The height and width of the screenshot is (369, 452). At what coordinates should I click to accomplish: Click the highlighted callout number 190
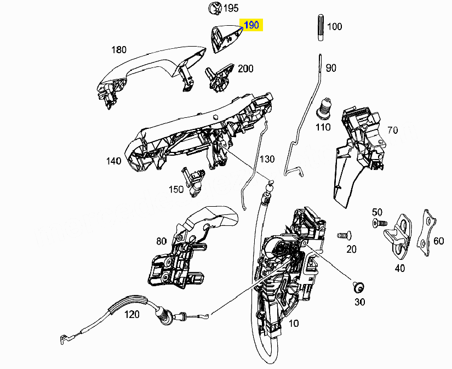pos(251,25)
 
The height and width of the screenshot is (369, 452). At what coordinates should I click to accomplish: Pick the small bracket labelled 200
pos(219,78)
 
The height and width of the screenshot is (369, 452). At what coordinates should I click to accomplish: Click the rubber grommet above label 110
pos(325,109)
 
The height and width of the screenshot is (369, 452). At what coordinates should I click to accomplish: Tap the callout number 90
pos(331,68)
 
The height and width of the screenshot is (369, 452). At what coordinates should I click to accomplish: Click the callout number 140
pos(114,161)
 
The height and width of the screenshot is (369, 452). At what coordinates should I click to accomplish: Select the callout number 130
pos(267,159)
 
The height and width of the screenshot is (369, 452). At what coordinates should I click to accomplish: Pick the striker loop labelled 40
pos(399,236)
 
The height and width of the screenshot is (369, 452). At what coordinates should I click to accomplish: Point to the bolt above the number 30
pos(358,287)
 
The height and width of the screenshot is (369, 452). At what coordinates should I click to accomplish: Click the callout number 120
pos(132,314)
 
